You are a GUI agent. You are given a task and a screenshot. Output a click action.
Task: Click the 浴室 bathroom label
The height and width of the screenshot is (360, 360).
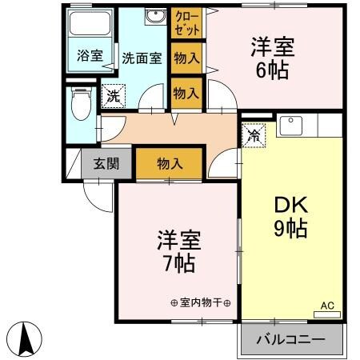(89, 56)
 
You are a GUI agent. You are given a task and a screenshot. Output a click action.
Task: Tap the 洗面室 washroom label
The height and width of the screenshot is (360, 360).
(142, 58)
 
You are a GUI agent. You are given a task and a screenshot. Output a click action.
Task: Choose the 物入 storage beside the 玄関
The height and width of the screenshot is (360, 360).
(169, 164)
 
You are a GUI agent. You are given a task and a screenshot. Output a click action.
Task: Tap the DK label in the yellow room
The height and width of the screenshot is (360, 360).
(291, 205)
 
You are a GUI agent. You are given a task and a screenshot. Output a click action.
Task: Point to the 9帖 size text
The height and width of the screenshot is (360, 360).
(291, 229)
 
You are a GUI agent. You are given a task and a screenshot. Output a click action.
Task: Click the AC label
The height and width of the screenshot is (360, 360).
(327, 306)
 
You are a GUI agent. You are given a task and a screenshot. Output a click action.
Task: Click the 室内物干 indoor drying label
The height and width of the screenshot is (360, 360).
(200, 303)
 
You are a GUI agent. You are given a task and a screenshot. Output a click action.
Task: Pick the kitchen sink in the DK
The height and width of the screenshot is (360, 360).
(290, 125)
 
